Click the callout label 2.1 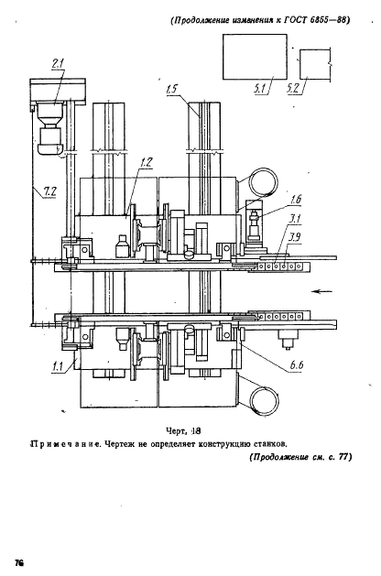click(57, 64)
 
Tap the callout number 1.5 click(174, 90)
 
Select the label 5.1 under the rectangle click(261, 91)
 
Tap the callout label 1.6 click(270, 199)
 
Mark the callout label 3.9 click(293, 237)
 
